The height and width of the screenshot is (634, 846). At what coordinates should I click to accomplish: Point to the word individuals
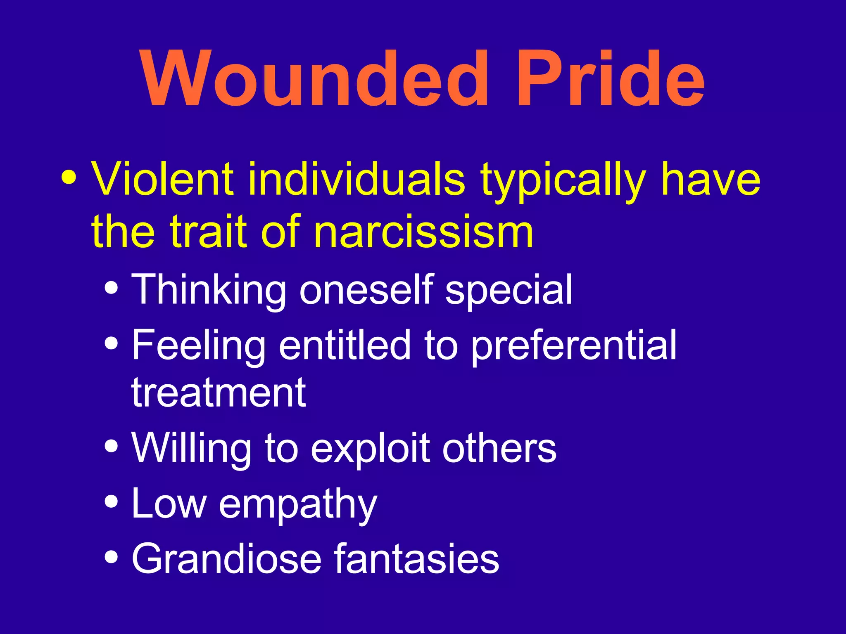[356, 179]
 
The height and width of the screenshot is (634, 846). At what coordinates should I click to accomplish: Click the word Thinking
[209, 290]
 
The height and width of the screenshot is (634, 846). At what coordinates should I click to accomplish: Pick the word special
[509, 291]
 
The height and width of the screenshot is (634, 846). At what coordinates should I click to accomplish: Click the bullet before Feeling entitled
[111, 343]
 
